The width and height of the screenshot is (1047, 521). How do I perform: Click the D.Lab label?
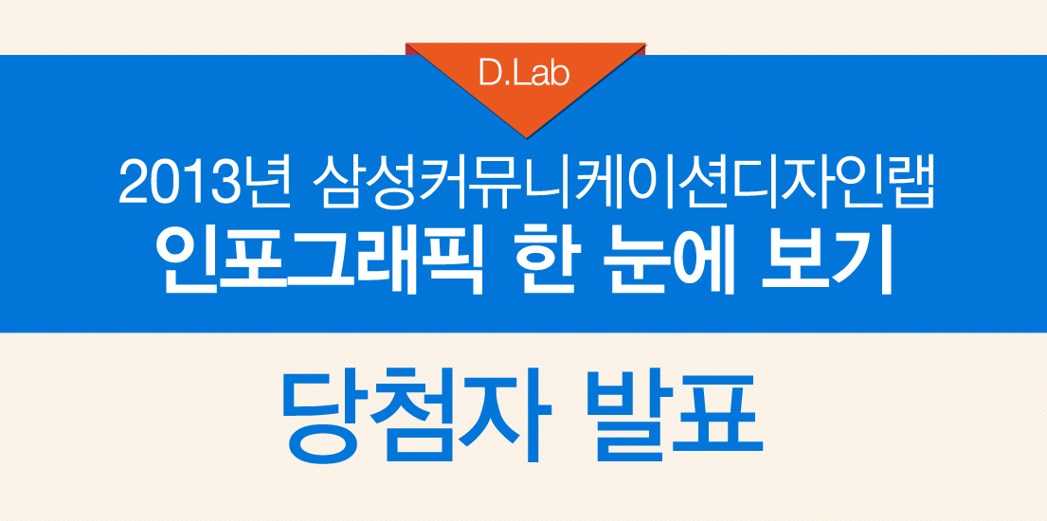(x=524, y=74)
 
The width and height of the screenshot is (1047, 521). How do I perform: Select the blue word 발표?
(x=676, y=418)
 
